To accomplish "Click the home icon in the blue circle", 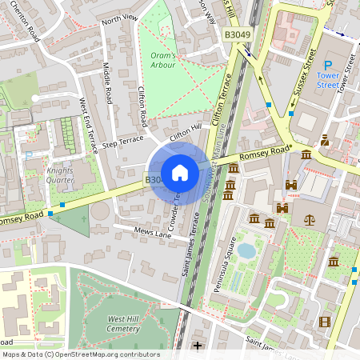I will click(x=179, y=172).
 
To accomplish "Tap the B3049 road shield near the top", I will click(x=238, y=35).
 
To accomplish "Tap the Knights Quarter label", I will click(x=60, y=175).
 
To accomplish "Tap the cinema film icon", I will click(x=323, y=322).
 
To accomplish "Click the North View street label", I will click(x=120, y=18).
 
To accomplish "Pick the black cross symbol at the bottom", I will click(x=198, y=346).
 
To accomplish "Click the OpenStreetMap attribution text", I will click(x=80, y=354).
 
